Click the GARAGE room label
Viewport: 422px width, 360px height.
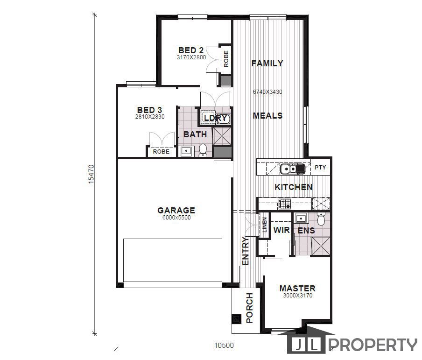[176, 211]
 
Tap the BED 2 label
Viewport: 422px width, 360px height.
[191, 50]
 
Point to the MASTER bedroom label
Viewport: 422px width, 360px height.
[297, 289]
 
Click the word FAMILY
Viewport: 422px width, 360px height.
[267, 64]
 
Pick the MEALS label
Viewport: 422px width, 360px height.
[267, 116]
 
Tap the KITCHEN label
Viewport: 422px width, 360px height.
[293, 187]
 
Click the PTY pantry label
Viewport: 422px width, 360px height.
[320, 168]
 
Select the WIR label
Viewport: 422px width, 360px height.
[281, 230]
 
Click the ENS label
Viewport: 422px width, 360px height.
[306, 231]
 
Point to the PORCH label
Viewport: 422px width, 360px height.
[249, 308]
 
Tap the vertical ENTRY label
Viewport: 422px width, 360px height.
[246, 252]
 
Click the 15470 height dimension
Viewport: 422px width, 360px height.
[91, 174]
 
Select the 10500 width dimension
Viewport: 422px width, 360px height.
[224, 346]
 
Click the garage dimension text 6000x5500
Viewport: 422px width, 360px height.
[176, 218]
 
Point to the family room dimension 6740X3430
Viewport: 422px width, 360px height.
[268, 92]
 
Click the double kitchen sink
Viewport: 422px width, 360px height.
[292, 168]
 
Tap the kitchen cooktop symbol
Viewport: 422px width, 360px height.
[284, 204]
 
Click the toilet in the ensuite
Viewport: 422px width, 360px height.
[321, 219]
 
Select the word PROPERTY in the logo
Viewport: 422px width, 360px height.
[373, 345]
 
